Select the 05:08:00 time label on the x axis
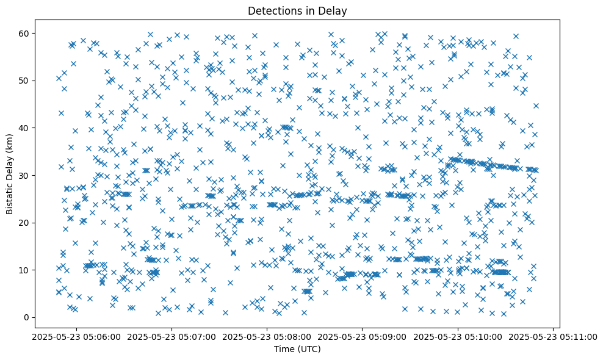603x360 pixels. point(267,336)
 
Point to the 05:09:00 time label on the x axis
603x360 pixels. point(363,336)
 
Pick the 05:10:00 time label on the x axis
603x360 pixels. point(458,336)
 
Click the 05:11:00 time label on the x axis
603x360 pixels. point(554,336)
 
